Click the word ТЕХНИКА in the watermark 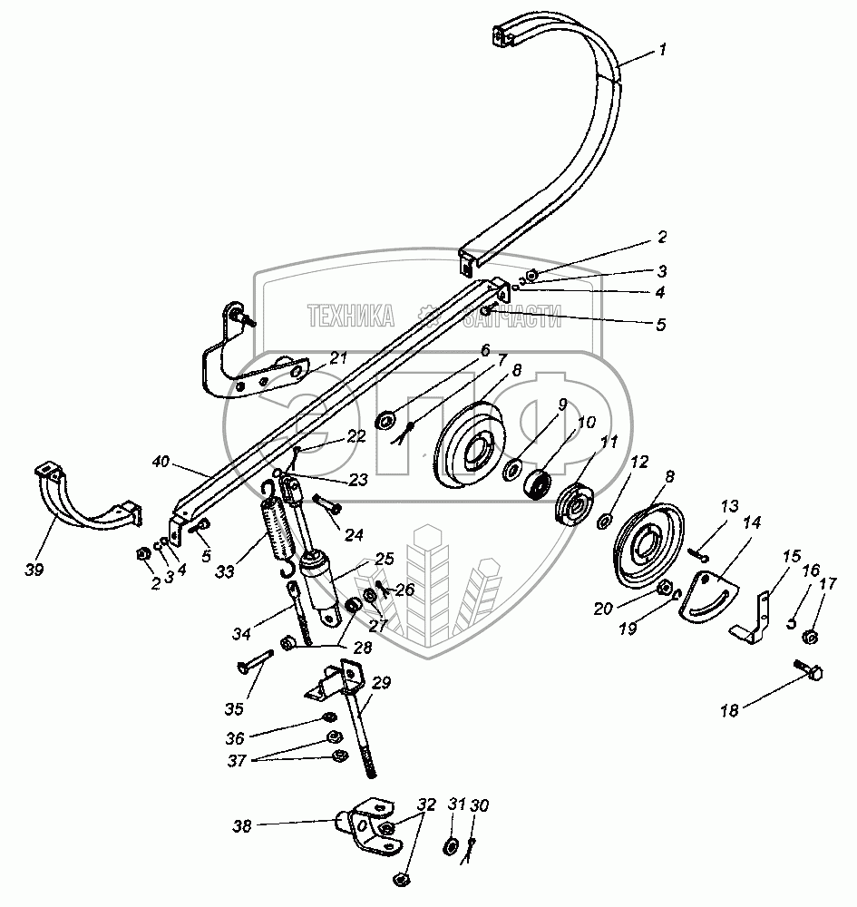pos(350,317)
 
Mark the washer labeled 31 pos(451,847)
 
